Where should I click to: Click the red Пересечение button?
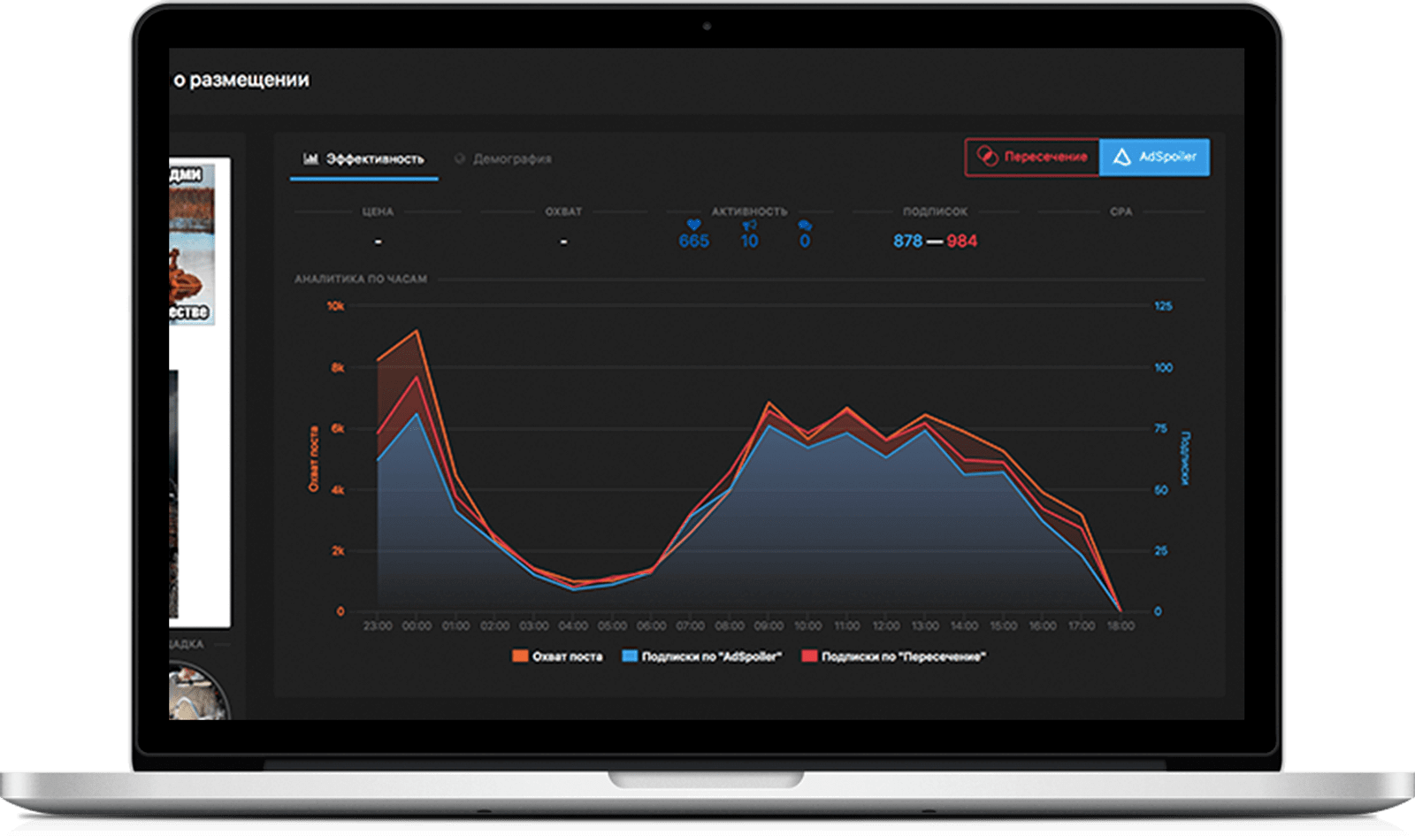pos(1032,157)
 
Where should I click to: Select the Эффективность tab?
pos(364,159)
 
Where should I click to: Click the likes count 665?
pos(694,241)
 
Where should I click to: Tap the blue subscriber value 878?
pos(907,241)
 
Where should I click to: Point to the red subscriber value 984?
pos(962,241)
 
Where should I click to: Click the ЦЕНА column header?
pos(378,211)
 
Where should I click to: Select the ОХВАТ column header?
pos(563,211)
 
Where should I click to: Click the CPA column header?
pos(1121,211)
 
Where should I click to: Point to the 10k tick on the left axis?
pos(335,306)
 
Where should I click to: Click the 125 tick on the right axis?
pos(1163,306)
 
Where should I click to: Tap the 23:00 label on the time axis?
pos(378,625)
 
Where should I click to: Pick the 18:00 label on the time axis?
pos(1121,625)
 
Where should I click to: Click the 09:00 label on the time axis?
pos(769,625)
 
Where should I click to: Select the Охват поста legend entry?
pos(558,656)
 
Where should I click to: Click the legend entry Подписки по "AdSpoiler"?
pos(702,656)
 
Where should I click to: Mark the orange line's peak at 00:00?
pos(417,331)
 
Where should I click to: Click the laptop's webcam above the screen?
pos(707,27)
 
